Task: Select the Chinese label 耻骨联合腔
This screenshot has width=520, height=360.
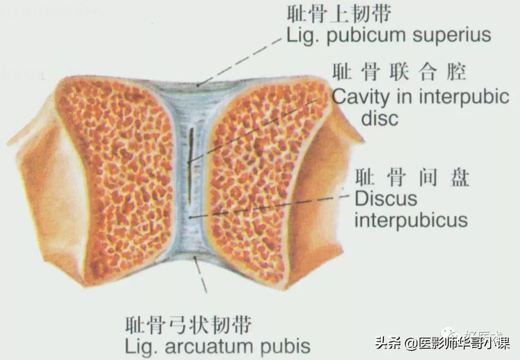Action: (399, 74)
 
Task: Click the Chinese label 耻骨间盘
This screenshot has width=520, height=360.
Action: (412, 179)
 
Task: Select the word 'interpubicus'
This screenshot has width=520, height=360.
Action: (411, 220)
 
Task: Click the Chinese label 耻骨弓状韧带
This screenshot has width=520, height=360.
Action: (188, 325)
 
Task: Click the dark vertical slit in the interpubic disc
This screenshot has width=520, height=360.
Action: (191, 164)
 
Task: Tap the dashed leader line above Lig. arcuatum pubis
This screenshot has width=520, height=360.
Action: (201, 277)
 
